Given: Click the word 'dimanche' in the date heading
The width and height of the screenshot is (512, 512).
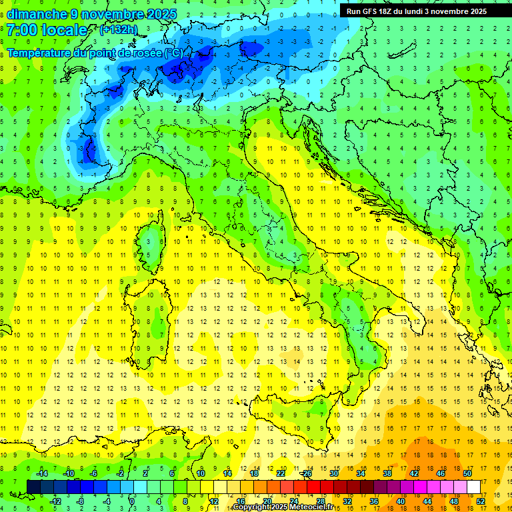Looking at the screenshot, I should pyautogui.click(x=35, y=14).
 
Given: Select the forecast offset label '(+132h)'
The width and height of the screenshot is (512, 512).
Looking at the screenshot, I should pyautogui.click(x=118, y=29).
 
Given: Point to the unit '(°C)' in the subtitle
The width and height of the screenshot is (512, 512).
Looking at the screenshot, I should pyautogui.click(x=173, y=53).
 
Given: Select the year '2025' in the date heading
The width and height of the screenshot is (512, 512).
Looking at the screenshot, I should pyautogui.click(x=159, y=14).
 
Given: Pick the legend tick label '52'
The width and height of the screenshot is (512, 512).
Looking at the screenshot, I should pyautogui.click(x=481, y=501).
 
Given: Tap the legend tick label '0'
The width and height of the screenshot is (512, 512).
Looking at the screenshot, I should pyautogui.click(x=132, y=501).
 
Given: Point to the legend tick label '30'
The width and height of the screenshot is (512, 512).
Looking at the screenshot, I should pyautogui.click(x=333, y=473).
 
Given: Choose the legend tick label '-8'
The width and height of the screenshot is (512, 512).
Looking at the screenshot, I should pyautogui.click(x=81, y=501).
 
